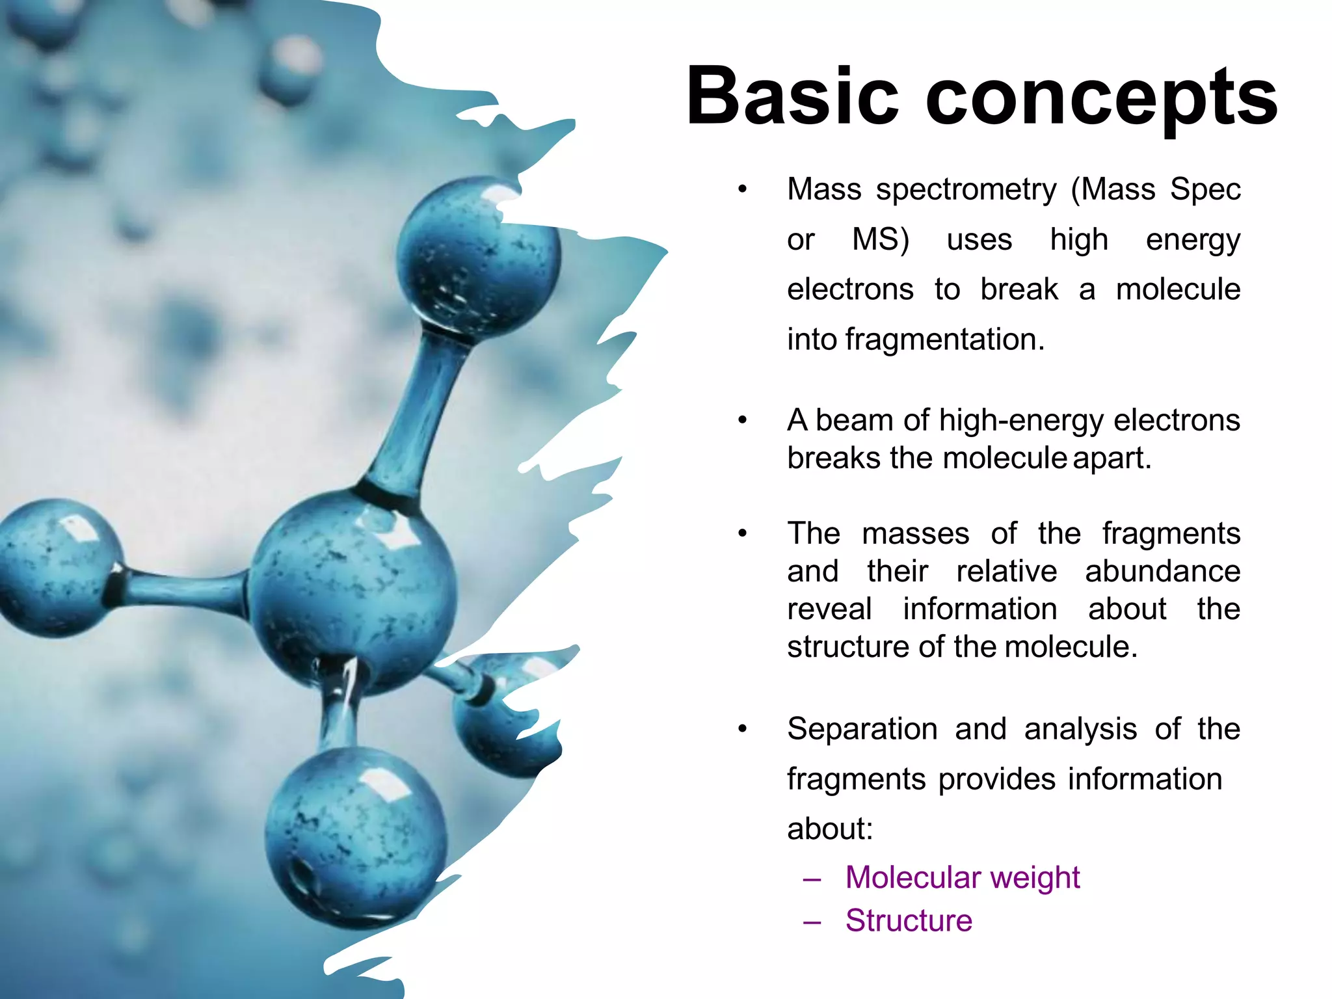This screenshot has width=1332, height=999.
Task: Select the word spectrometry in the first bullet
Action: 966,190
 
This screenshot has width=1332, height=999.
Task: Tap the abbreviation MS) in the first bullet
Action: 880,239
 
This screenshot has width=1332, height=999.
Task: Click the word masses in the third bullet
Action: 915,534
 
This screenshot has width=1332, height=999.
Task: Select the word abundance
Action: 1162,572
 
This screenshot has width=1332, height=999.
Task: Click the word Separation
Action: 862,729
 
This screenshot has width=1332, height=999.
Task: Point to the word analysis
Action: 1080,730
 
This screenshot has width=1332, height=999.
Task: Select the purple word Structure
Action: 909,921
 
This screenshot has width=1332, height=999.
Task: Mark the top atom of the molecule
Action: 478,257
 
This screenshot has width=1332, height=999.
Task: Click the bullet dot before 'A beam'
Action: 742,421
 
